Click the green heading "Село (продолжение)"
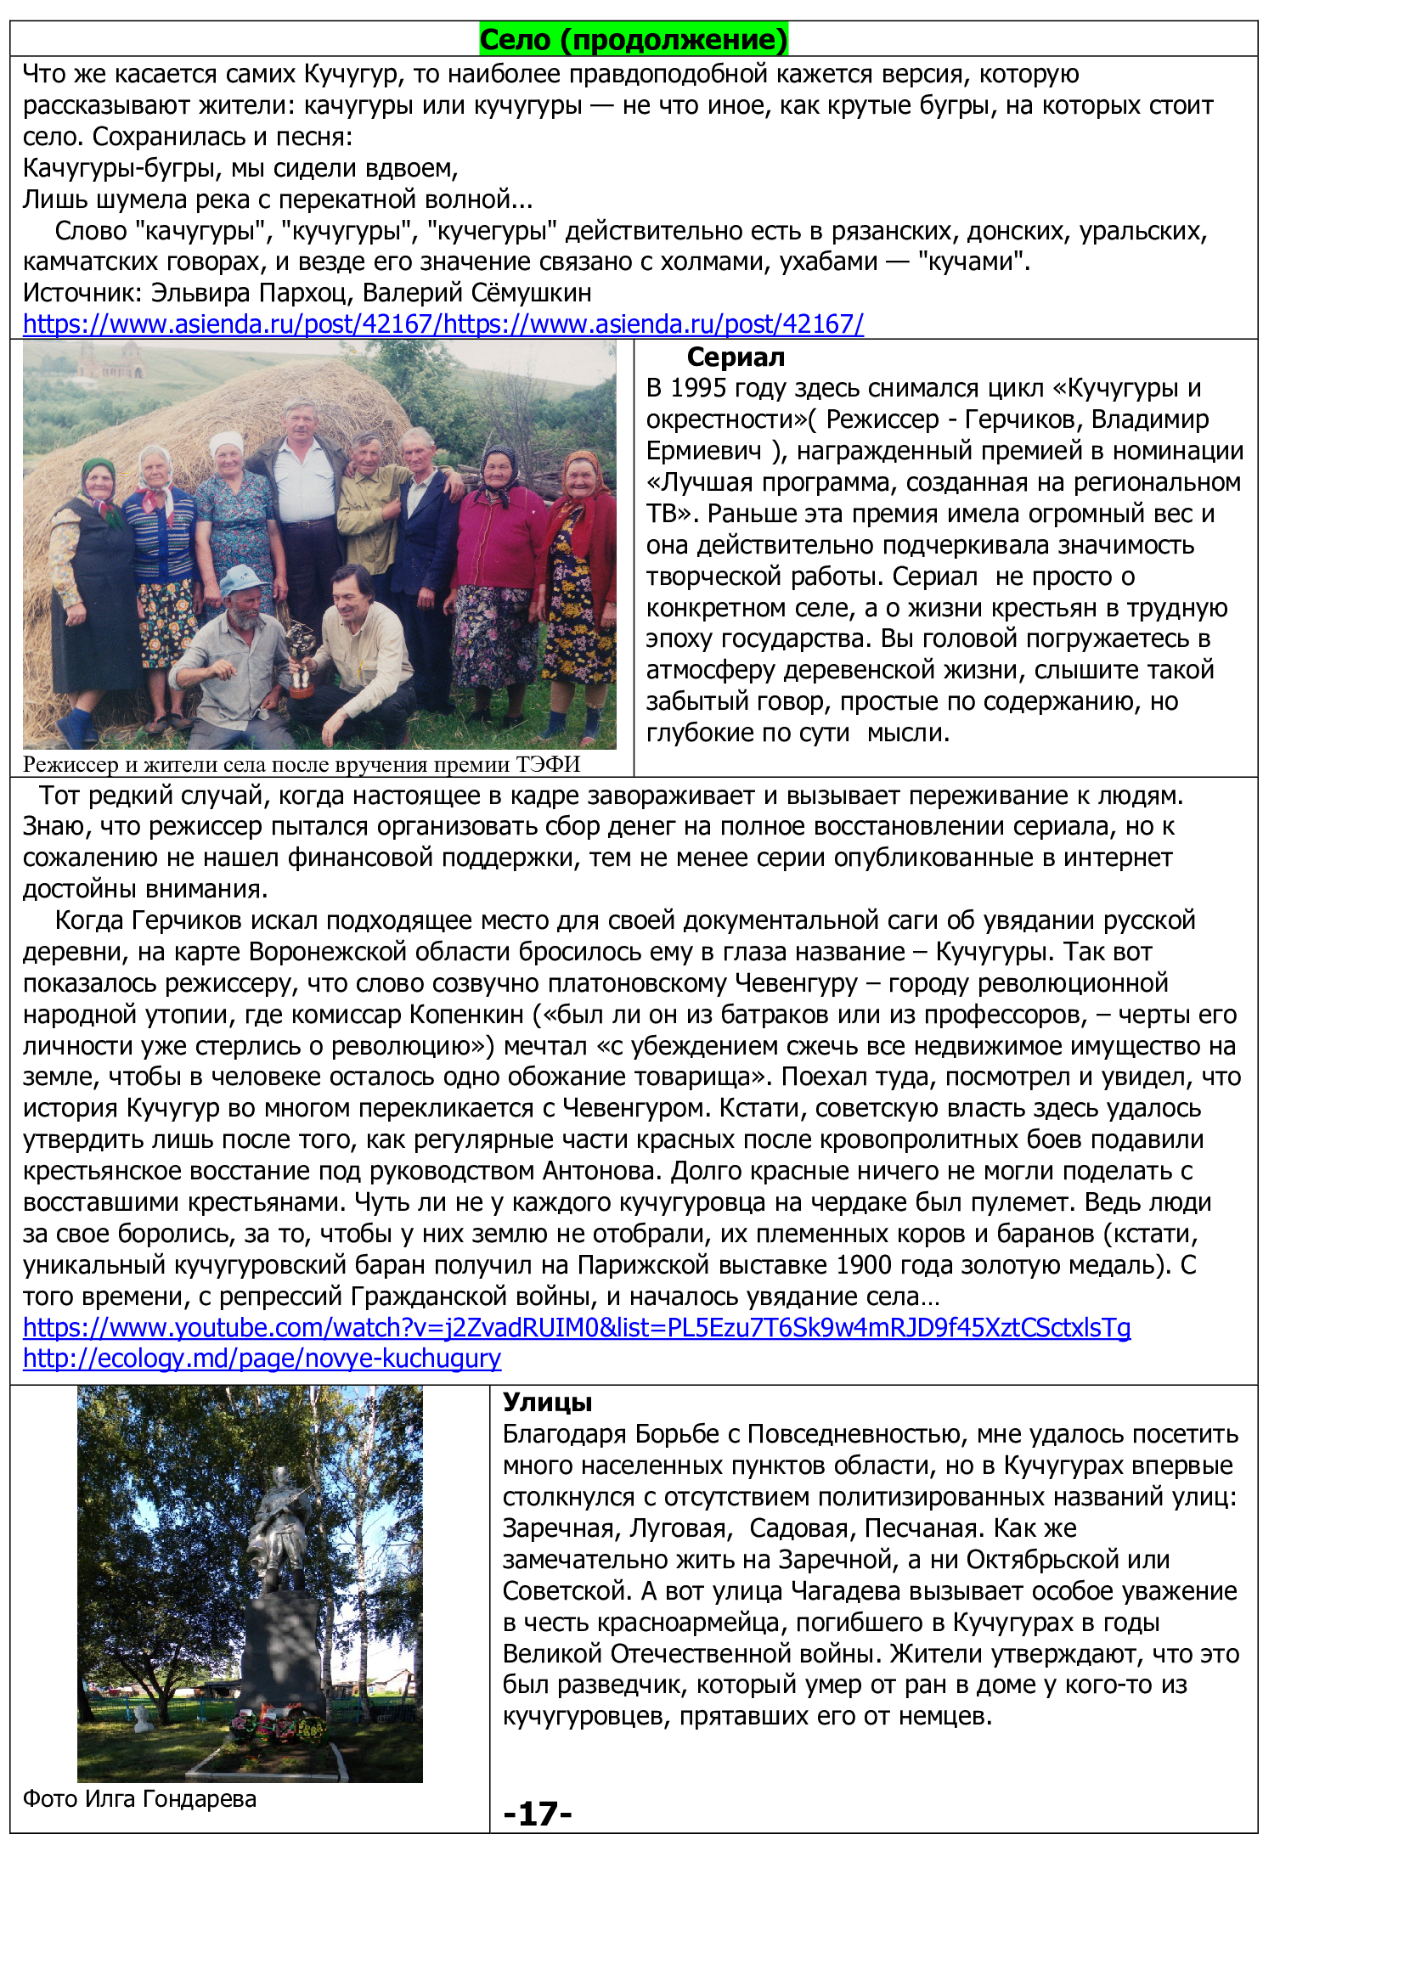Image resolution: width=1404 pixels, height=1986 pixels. (x=634, y=40)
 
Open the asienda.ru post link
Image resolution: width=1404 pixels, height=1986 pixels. (x=443, y=324)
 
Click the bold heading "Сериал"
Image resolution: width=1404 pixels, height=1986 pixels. (x=736, y=357)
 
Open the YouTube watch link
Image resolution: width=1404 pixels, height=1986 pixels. (x=576, y=1328)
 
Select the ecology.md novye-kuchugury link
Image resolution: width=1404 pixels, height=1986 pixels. (x=262, y=1359)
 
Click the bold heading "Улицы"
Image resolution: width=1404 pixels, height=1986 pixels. (x=547, y=1402)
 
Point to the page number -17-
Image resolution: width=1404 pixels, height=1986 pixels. (x=537, y=1814)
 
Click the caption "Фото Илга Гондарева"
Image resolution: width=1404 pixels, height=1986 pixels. (x=139, y=1799)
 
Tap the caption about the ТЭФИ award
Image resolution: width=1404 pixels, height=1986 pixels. (x=301, y=765)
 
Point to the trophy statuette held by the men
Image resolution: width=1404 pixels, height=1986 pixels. (x=301, y=657)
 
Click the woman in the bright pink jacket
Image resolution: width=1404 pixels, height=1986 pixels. (x=499, y=537)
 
